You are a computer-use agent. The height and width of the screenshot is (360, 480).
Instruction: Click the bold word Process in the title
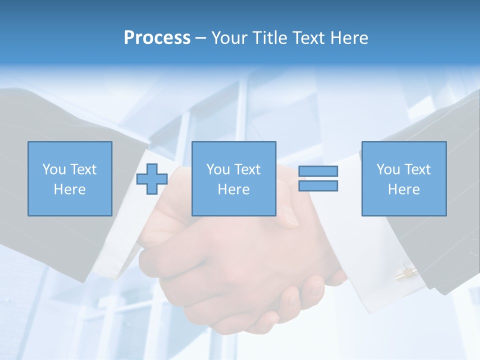pos(157,38)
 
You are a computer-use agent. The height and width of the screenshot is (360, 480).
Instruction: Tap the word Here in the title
pos(348,38)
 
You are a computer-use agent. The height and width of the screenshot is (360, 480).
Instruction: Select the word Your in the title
pos(229,38)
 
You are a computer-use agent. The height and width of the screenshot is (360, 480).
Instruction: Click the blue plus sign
pos(152,179)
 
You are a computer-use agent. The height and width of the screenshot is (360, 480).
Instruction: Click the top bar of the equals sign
pos(318,171)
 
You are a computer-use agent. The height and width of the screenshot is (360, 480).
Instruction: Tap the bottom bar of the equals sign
pos(318,186)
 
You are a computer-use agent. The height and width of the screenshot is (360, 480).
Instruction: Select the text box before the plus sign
pos(69,178)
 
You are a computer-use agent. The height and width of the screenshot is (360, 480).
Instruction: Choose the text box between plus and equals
pos(233,178)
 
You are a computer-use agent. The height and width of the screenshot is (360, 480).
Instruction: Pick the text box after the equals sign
pos(403,178)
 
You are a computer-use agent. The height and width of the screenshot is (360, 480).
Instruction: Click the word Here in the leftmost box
pos(69,189)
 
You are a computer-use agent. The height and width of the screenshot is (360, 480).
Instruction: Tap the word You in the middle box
pos(218,169)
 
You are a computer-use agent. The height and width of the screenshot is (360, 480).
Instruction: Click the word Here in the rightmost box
pos(403,189)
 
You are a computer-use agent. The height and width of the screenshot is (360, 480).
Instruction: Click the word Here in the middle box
pos(233,189)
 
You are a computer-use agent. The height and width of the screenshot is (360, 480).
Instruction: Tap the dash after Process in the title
pos(200,38)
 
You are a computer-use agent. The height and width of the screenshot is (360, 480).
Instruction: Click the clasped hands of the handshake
pos(240,265)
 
